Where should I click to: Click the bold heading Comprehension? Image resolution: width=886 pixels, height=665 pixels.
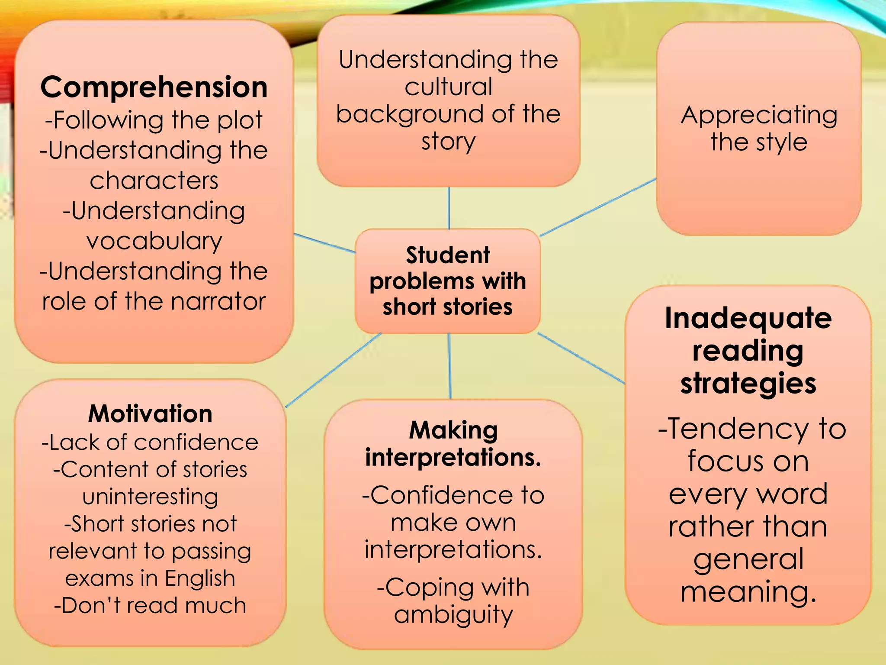(x=154, y=87)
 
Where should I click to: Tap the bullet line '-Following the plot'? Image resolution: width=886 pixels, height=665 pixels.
(x=154, y=120)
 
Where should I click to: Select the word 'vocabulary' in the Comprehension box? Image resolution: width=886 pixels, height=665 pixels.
(x=154, y=241)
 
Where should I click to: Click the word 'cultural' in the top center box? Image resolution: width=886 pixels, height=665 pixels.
(x=448, y=87)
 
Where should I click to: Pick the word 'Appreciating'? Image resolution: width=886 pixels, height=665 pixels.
(x=759, y=116)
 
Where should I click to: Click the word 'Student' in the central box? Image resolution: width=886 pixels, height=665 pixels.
(x=448, y=255)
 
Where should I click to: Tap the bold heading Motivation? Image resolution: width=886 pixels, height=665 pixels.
(x=150, y=413)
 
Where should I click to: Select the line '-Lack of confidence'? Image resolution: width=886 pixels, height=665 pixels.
(x=150, y=442)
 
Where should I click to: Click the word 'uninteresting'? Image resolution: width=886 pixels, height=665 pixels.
(x=150, y=497)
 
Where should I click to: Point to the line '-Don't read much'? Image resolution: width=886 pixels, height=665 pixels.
(x=150, y=605)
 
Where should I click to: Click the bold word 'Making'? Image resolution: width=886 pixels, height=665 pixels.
(x=453, y=430)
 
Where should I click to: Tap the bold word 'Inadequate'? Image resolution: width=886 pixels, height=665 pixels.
(x=748, y=318)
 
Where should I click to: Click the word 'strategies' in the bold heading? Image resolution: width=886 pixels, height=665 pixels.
(x=748, y=384)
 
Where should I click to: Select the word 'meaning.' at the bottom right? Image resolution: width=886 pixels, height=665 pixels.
(x=748, y=592)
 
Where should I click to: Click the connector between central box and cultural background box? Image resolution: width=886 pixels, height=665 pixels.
(x=449, y=208)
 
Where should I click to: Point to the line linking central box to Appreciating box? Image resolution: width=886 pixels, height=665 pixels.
(x=598, y=207)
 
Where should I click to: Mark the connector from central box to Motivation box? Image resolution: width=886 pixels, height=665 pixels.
(x=333, y=370)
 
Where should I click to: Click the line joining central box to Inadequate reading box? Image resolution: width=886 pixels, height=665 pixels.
(x=581, y=358)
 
